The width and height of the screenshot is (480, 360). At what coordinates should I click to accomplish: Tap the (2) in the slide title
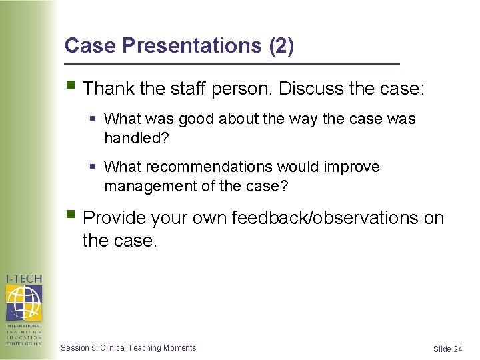click(x=280, y=45)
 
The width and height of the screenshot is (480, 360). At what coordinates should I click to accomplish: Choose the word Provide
click(x=114, y=218)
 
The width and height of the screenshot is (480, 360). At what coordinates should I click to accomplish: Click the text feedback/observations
click(x=325, y=218)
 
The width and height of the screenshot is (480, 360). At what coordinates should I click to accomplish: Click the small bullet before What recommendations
click(x=93, y=167)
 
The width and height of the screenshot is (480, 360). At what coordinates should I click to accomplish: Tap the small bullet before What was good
click(x=93, y=119)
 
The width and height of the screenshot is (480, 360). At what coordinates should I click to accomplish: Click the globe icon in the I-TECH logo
click(x=23, y=303)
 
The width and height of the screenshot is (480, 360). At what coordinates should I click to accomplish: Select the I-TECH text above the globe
click(x=23, y=279)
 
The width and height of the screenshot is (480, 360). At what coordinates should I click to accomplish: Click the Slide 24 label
click(x=447, y=349)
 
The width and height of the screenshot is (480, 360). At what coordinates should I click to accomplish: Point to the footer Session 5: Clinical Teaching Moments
click(x=128, y=348)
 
